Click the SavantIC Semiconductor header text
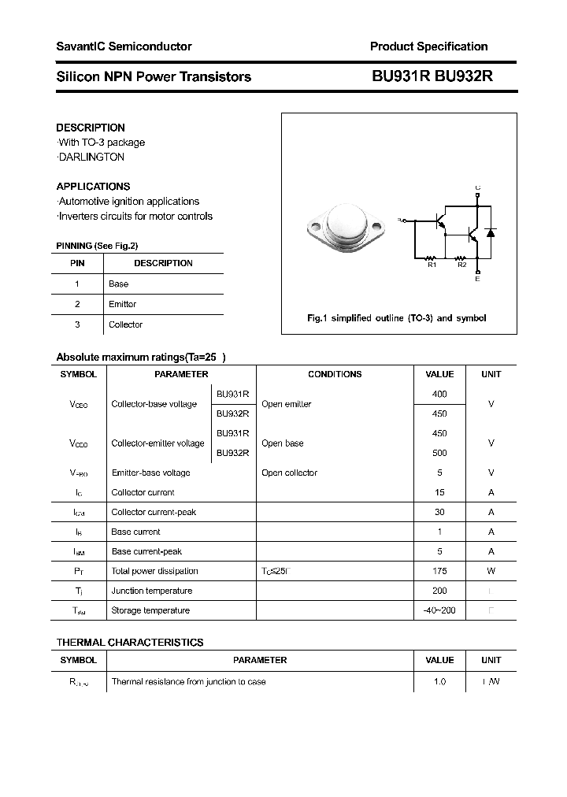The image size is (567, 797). [x=124, y=46]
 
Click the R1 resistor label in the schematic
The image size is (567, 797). [x=432, y=265]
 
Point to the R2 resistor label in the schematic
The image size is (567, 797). [x=462, y=265]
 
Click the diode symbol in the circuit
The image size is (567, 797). [x=491, y=233]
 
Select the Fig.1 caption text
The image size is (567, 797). [x=396, y=318]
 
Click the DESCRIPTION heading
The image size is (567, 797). [x=91, y=128]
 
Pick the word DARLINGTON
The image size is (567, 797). [x=92, y=157]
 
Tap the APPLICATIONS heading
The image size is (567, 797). [x=93, y=187]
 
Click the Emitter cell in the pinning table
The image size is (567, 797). [x=122, y=304]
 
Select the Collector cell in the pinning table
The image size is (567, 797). [x=125, y=324]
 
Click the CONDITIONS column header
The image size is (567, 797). [x=335, y=374]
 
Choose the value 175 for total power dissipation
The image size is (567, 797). [x=439, y=571]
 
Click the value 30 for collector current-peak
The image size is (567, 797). [x=439, y=512]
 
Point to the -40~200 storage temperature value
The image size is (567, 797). [x=439, y=610]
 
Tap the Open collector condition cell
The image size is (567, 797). [x=289, y=473]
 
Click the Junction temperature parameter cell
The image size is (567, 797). [x=152, y=591]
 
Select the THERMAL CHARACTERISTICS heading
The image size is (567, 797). [x=130, y=643]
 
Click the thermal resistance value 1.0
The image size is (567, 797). [x=439, y=681]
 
